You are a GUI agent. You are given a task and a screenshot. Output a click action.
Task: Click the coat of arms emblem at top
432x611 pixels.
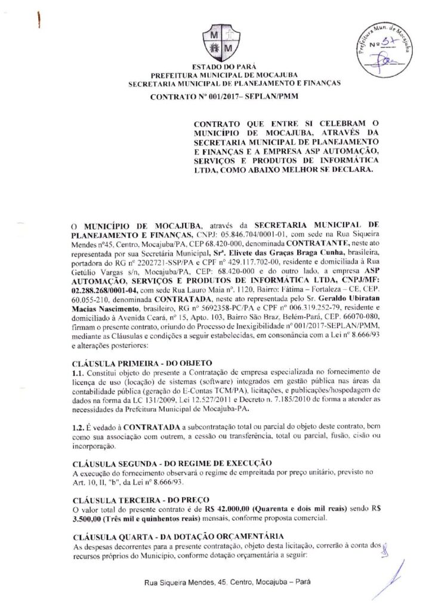[x=216, y=40]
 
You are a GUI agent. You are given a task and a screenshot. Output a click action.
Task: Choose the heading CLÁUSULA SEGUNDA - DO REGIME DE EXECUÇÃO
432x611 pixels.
[x=171, y=462]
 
